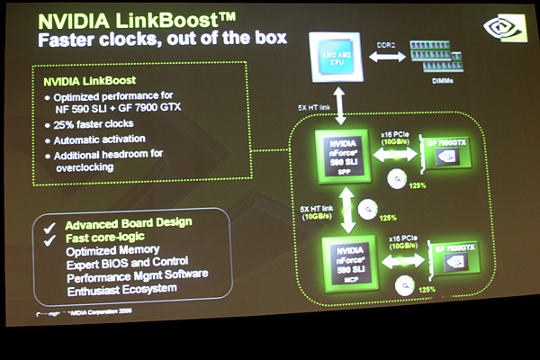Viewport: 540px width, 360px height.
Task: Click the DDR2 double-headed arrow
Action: pos(384,56)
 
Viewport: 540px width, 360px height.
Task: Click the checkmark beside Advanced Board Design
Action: pos(52,222)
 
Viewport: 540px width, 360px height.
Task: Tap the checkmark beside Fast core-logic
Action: pos(52,237)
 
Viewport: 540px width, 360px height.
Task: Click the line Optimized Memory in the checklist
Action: pos(112,249)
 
